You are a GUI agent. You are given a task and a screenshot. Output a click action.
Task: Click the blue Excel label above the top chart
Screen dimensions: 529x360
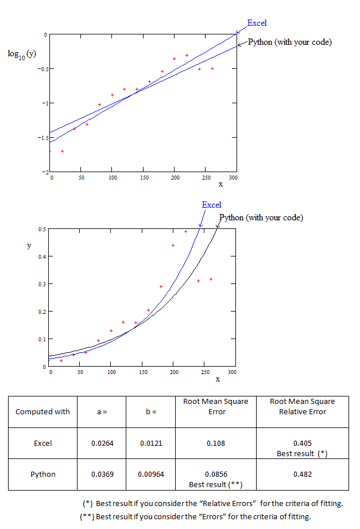pyautogui.click(x=257, y=23)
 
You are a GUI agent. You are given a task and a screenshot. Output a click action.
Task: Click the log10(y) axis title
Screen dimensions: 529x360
pyautogui.click(x=22, y=53)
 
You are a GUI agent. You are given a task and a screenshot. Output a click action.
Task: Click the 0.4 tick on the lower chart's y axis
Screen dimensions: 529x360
pyautogui.click(x=41, y=256)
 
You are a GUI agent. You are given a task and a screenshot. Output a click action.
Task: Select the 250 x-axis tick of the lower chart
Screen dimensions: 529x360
pyautogui.click(x=204, y=372)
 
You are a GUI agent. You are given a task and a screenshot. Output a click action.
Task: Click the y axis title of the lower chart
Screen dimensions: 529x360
pyautogui.click(x=29, y=245)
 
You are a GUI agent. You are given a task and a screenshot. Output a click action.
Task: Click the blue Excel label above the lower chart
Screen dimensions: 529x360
pyautogui.click(x=211, y=205)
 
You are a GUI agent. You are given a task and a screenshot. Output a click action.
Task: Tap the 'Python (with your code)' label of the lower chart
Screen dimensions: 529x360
pyautogui.click(x=261, y=217)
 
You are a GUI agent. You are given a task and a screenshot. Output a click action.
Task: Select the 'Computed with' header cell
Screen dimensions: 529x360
pyautogui.click(x=42, y=411)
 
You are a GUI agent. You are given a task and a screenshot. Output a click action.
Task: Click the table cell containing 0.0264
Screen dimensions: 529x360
pyautogui.click(x=102, y=443)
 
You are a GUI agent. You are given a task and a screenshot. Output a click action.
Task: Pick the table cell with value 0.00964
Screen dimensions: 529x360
pyautogui.click(x=150, y=474)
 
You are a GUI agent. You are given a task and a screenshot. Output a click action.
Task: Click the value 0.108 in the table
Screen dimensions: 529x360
pyautogui.click(x=215, y=443)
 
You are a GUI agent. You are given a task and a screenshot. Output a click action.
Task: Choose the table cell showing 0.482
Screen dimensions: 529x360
pyautogui.click(x=302, y=474)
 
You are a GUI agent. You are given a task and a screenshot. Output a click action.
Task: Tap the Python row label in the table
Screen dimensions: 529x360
pyautogui.click(x=42, y=474)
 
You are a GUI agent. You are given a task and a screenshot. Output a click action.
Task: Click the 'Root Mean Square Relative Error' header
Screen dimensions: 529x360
pyautogui.click(x=302, y=406)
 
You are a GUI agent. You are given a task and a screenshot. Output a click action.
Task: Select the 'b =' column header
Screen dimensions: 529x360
pyautogui.click(x=150, y=411)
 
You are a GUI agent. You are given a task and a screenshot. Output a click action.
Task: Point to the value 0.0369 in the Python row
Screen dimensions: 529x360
pyautogui.click(x=102, y=474)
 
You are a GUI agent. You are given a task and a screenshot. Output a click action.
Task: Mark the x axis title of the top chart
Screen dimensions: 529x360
pyautogui.click(x=220, y=184)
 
